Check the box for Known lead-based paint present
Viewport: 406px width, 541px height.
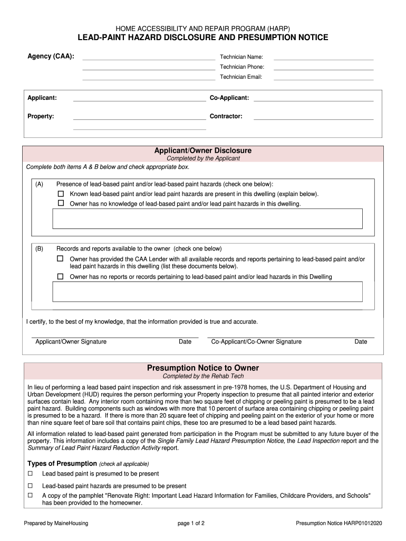coord(60,194)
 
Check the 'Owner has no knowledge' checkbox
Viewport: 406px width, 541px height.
coord(60,203)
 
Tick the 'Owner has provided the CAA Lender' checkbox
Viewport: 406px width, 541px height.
coord(60,259)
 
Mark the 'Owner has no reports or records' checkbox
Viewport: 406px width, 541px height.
coord(60,276)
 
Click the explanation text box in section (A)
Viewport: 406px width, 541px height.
coord(207,218)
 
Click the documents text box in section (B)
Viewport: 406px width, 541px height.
coord(207,292)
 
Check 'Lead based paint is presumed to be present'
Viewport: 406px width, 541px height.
coord(30,473)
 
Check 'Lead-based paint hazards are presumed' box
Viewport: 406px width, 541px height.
coord(30,486)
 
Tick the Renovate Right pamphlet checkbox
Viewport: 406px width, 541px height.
coord(30,496)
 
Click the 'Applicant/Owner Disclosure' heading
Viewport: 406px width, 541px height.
coord(203,151)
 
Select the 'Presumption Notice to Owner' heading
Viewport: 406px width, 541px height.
coord(203,368)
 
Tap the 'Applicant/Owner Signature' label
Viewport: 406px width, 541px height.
coord(71,342)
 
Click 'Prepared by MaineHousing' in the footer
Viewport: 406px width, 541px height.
coord(56,524)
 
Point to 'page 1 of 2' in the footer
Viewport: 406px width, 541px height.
coord(191,524)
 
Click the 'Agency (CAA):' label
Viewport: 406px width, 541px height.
coord(51,56)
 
